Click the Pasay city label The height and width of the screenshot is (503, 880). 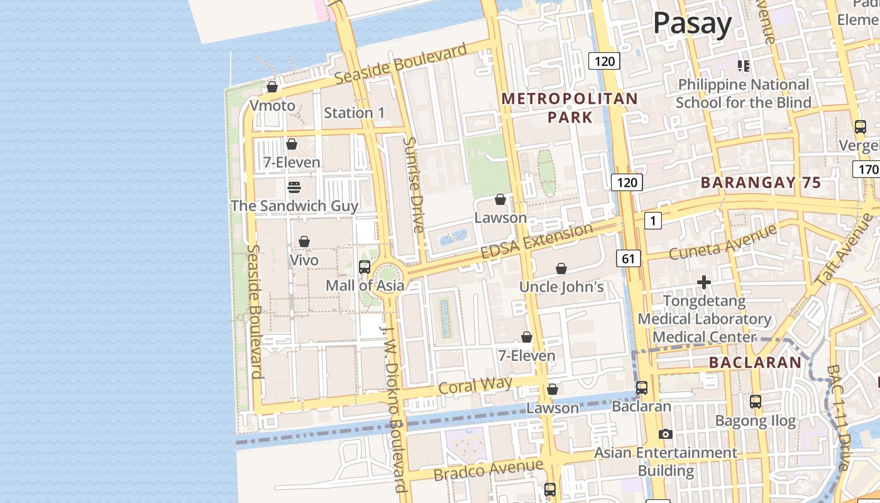(x=692, y=24)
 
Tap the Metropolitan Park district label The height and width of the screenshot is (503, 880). (x=569, y=108)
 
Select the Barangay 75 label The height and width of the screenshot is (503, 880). (x=761, y=183)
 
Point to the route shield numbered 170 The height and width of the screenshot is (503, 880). (x=866, y=169)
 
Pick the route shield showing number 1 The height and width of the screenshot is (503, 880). (x=654, y=220)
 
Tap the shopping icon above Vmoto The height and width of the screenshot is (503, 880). (x=272, y=87)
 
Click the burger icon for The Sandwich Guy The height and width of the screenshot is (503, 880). (x=294, y=187)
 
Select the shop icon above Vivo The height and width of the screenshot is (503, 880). (x=304, y=242)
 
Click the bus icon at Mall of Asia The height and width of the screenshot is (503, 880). (x=365, y=267)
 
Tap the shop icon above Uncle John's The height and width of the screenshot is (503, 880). (x=561, y=269)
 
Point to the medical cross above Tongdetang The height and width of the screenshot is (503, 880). (x=704, y=283)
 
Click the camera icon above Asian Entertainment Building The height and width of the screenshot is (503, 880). (x=665, y=434)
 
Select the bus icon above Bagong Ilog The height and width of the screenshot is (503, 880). (x=756, y=401)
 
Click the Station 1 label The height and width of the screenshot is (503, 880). (x=354, y=113)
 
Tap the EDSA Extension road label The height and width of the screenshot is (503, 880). (x=536, y=241)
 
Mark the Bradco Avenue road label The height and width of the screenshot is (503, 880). (x=488, y=469)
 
